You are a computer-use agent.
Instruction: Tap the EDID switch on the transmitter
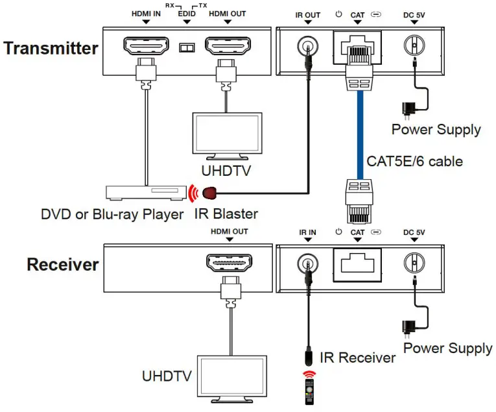(187, 48)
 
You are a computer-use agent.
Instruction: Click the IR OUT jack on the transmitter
(307, 47)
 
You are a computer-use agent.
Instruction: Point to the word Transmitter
(50, 48)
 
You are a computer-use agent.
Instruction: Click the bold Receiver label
(62, 265)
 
